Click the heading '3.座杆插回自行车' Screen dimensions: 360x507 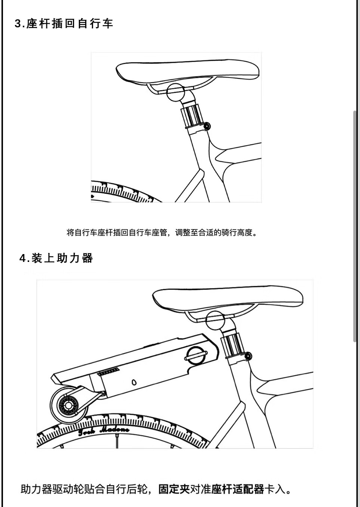[64, 24]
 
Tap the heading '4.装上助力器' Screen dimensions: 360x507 [56, 258]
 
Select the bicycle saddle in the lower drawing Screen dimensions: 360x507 [228, 299]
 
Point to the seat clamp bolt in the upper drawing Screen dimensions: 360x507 [207, 126]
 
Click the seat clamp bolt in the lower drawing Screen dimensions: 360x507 [248, 356]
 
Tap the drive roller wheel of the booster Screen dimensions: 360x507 [69, 405]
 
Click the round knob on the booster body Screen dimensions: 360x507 [196, 356]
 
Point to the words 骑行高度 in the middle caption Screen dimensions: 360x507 [237, 232]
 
